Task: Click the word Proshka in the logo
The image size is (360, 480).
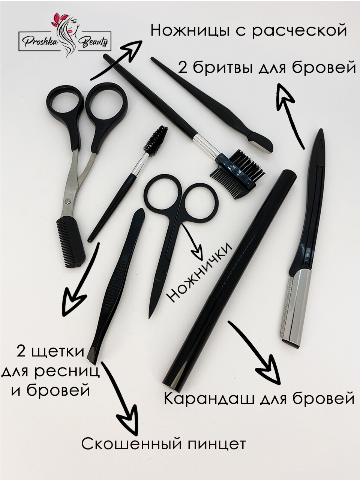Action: click(x=40, y=42)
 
